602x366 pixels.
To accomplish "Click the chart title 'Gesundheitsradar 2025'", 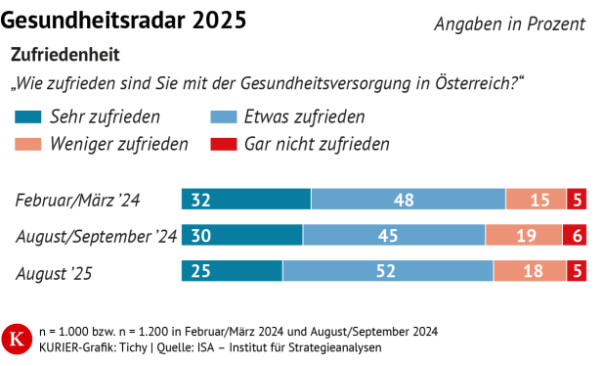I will (x=124, y=20).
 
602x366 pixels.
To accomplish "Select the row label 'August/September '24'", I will (x=96, y=236).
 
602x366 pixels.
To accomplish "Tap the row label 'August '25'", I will (x=54, y=272).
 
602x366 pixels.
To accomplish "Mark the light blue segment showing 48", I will (x=408, y=200).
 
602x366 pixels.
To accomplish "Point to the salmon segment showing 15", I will (x=536, y=200).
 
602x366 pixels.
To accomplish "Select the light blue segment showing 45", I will (x=394, y=236).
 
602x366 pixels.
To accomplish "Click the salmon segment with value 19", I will (x=524, y=236).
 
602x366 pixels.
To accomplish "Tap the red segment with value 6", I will (x=575, y=236).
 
